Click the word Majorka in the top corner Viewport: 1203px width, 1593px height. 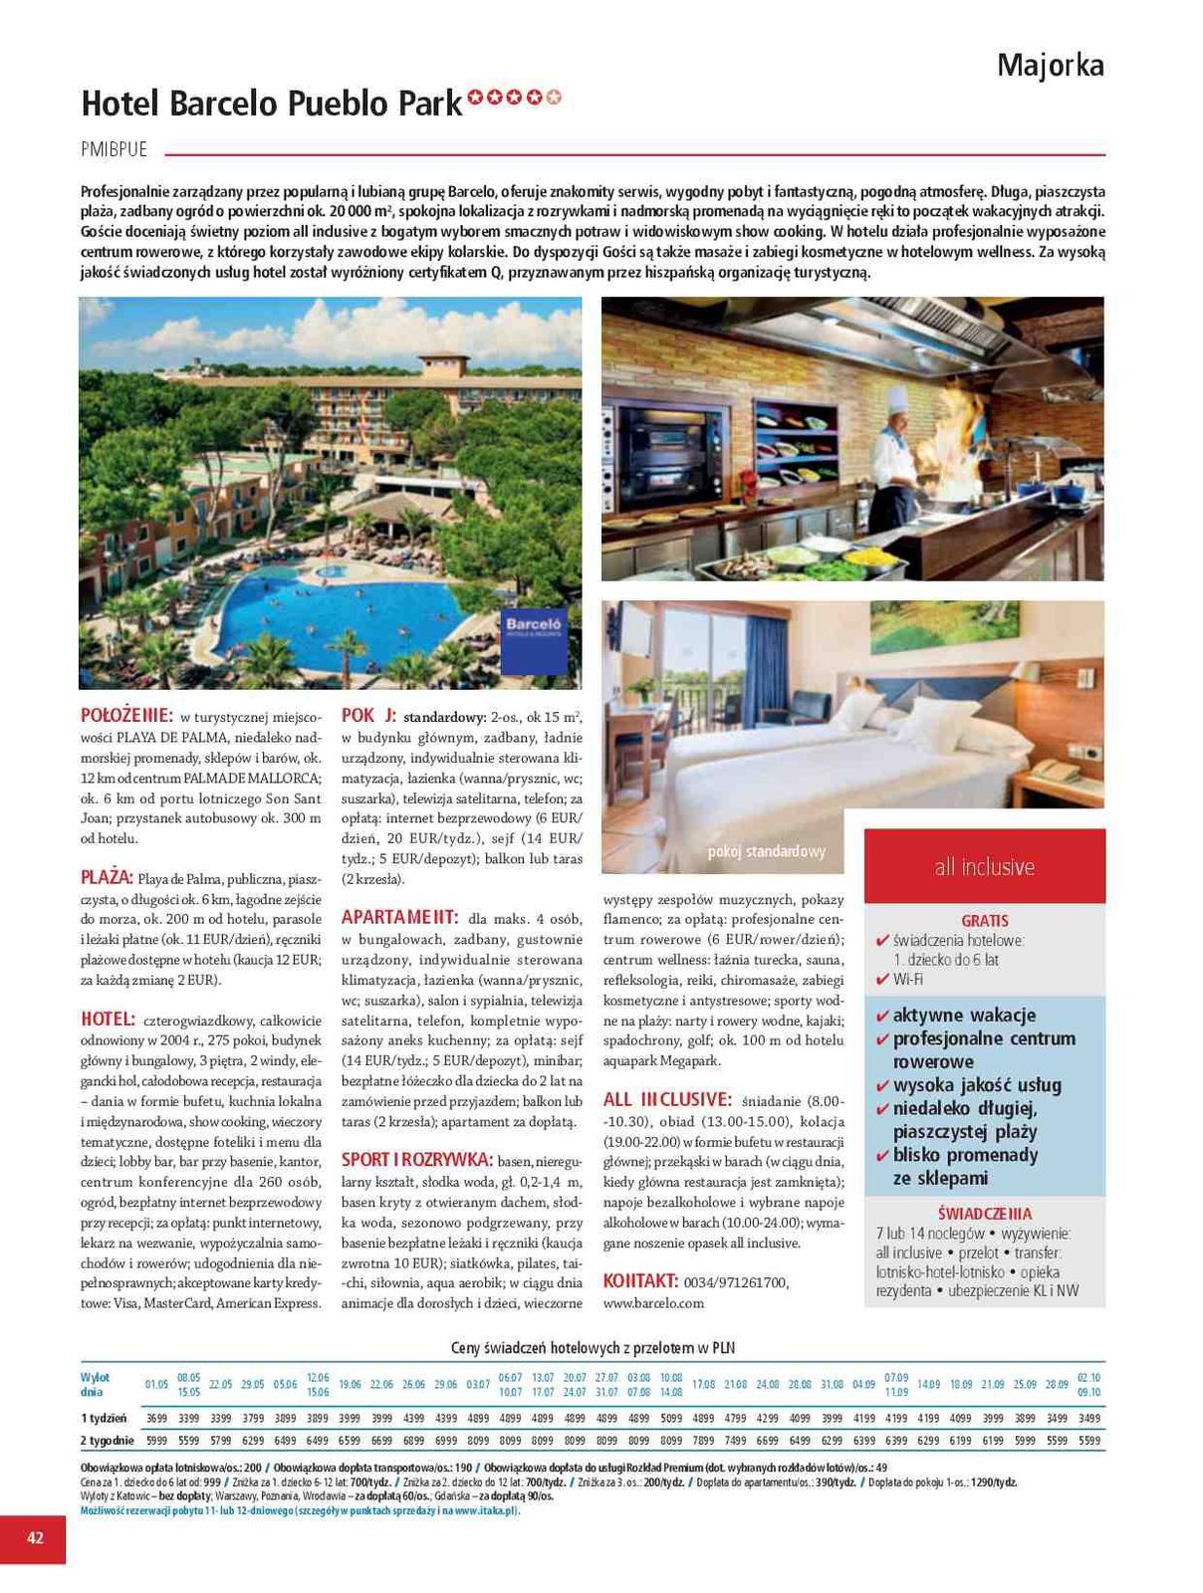[1050, 66]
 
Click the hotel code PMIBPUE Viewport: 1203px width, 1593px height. [114, 149]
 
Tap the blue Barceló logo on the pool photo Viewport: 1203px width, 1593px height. [534, 640]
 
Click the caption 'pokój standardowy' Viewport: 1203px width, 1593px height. [766, 851]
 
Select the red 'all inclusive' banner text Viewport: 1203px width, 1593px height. [984, 866]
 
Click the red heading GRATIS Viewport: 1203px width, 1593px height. [984, 921]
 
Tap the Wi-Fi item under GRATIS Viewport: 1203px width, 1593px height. [907, 980]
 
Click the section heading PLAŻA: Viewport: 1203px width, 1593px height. [107, 877]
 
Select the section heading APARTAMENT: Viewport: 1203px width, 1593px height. [399, 917]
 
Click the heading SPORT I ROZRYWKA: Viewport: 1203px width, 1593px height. [417, 1160]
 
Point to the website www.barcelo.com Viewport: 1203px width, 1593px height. [653, 1303]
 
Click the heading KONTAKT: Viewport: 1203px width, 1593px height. [640, 1281]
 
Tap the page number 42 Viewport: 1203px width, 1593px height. [35, 1537]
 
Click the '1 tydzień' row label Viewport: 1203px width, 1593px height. [104, 1418]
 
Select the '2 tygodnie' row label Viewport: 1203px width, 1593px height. [107, 1441]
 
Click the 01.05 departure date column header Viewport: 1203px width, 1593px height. [156, 1385]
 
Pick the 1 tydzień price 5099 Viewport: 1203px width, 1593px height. [670, 1418]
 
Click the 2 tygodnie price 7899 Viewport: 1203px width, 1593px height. [703, 1441]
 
